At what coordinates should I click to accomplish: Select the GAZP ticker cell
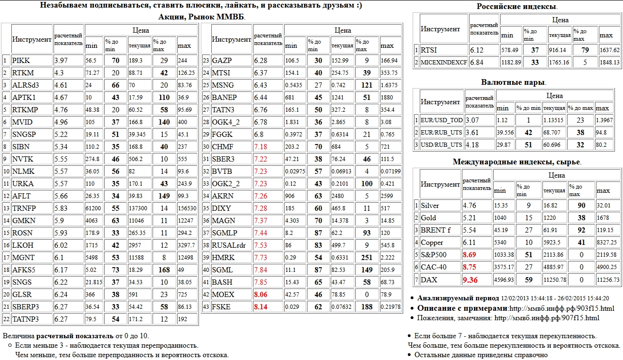(222, 61)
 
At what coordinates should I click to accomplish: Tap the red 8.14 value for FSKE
(263, 307)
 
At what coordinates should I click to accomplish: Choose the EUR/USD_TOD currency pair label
(441, 120)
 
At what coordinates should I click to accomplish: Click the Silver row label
(430, 206)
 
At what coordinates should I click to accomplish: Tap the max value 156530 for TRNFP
(187, 208)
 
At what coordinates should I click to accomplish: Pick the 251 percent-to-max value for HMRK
(367, 258)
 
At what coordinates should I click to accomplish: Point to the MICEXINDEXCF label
(443, 62)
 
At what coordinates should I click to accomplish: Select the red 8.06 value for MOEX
(263, 295)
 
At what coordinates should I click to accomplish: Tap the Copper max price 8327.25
(609, 243)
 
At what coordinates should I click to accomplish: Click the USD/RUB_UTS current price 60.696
(553, 144)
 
